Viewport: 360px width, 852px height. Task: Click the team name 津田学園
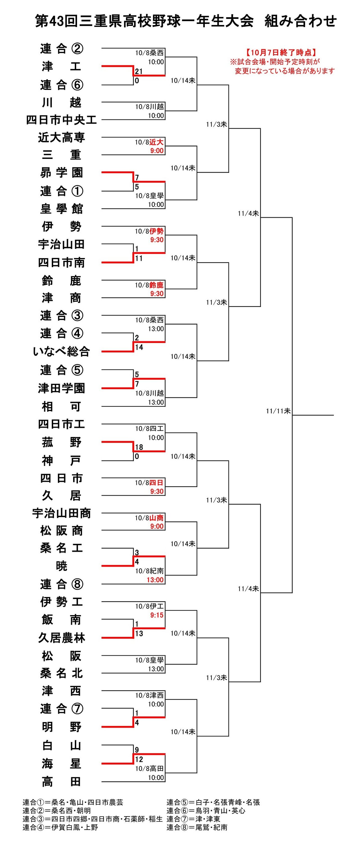click(62, 388)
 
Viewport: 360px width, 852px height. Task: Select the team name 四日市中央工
click(62, 120)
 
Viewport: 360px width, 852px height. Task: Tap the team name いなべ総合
click(62, 351)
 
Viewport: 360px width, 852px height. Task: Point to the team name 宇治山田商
click(62, 513)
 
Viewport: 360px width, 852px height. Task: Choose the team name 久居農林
click(62, 637)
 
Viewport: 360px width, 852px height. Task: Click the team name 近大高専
click(62, 137)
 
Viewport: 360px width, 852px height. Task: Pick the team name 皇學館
click(62, 209)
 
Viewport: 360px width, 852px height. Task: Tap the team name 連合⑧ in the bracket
click(62, 584)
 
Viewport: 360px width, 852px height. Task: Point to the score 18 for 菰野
click(139, 447)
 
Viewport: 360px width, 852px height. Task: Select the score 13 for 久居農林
click(139, 633)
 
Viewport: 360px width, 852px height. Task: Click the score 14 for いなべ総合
click(139, 347)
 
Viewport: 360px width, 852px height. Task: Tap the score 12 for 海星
click(139, 759)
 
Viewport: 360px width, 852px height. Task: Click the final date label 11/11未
click(278, 411)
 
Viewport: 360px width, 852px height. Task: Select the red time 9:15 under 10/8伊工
click(157, 615)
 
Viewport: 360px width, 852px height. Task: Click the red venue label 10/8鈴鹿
click(149, 285)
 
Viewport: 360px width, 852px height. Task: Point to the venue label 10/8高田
click(149, 768)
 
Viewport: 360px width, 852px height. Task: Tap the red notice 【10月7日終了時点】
click(281, 52)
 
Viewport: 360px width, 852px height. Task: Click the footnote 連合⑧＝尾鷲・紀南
click(197, 827)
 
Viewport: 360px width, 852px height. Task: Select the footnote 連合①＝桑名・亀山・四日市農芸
click(73, 802)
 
